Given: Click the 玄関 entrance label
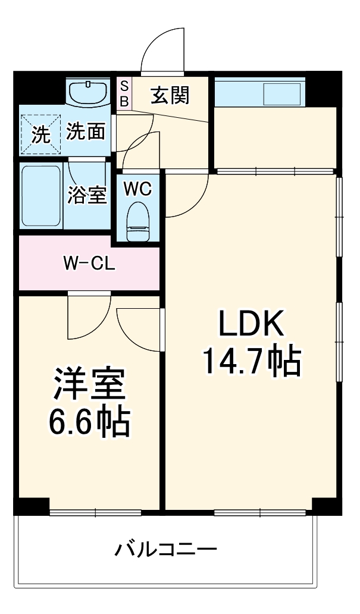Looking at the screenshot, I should pyautogui.click(x=170, y=95).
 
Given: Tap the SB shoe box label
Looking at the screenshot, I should pyautogui.click(x=124, y=94).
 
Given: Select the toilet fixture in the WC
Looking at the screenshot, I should pyautogui.click(x=138, y=220).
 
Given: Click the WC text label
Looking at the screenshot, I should pyautogui.click(x=137, y=189).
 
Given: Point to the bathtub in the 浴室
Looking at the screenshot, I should pyautogui.click(x=41, y=196).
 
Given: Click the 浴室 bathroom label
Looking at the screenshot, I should pyautogui.click(x=87, y=195).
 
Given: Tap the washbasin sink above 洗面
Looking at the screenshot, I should pyautogui.click(x=87, y=92).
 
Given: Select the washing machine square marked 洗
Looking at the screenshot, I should pyautogui.click(x=40, y=134).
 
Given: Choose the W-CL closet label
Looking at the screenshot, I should pyautogui.click(x=89, y=263).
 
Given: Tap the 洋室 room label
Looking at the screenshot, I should pyautogui.click(x=89, y=384).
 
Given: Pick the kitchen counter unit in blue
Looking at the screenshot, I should pyautogui.click(x=259, y=93).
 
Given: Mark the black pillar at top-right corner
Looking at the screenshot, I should pyautogui.click(x=326, y=83).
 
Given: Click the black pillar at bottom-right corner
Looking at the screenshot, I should pyautogui.click(x=327, y=505).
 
